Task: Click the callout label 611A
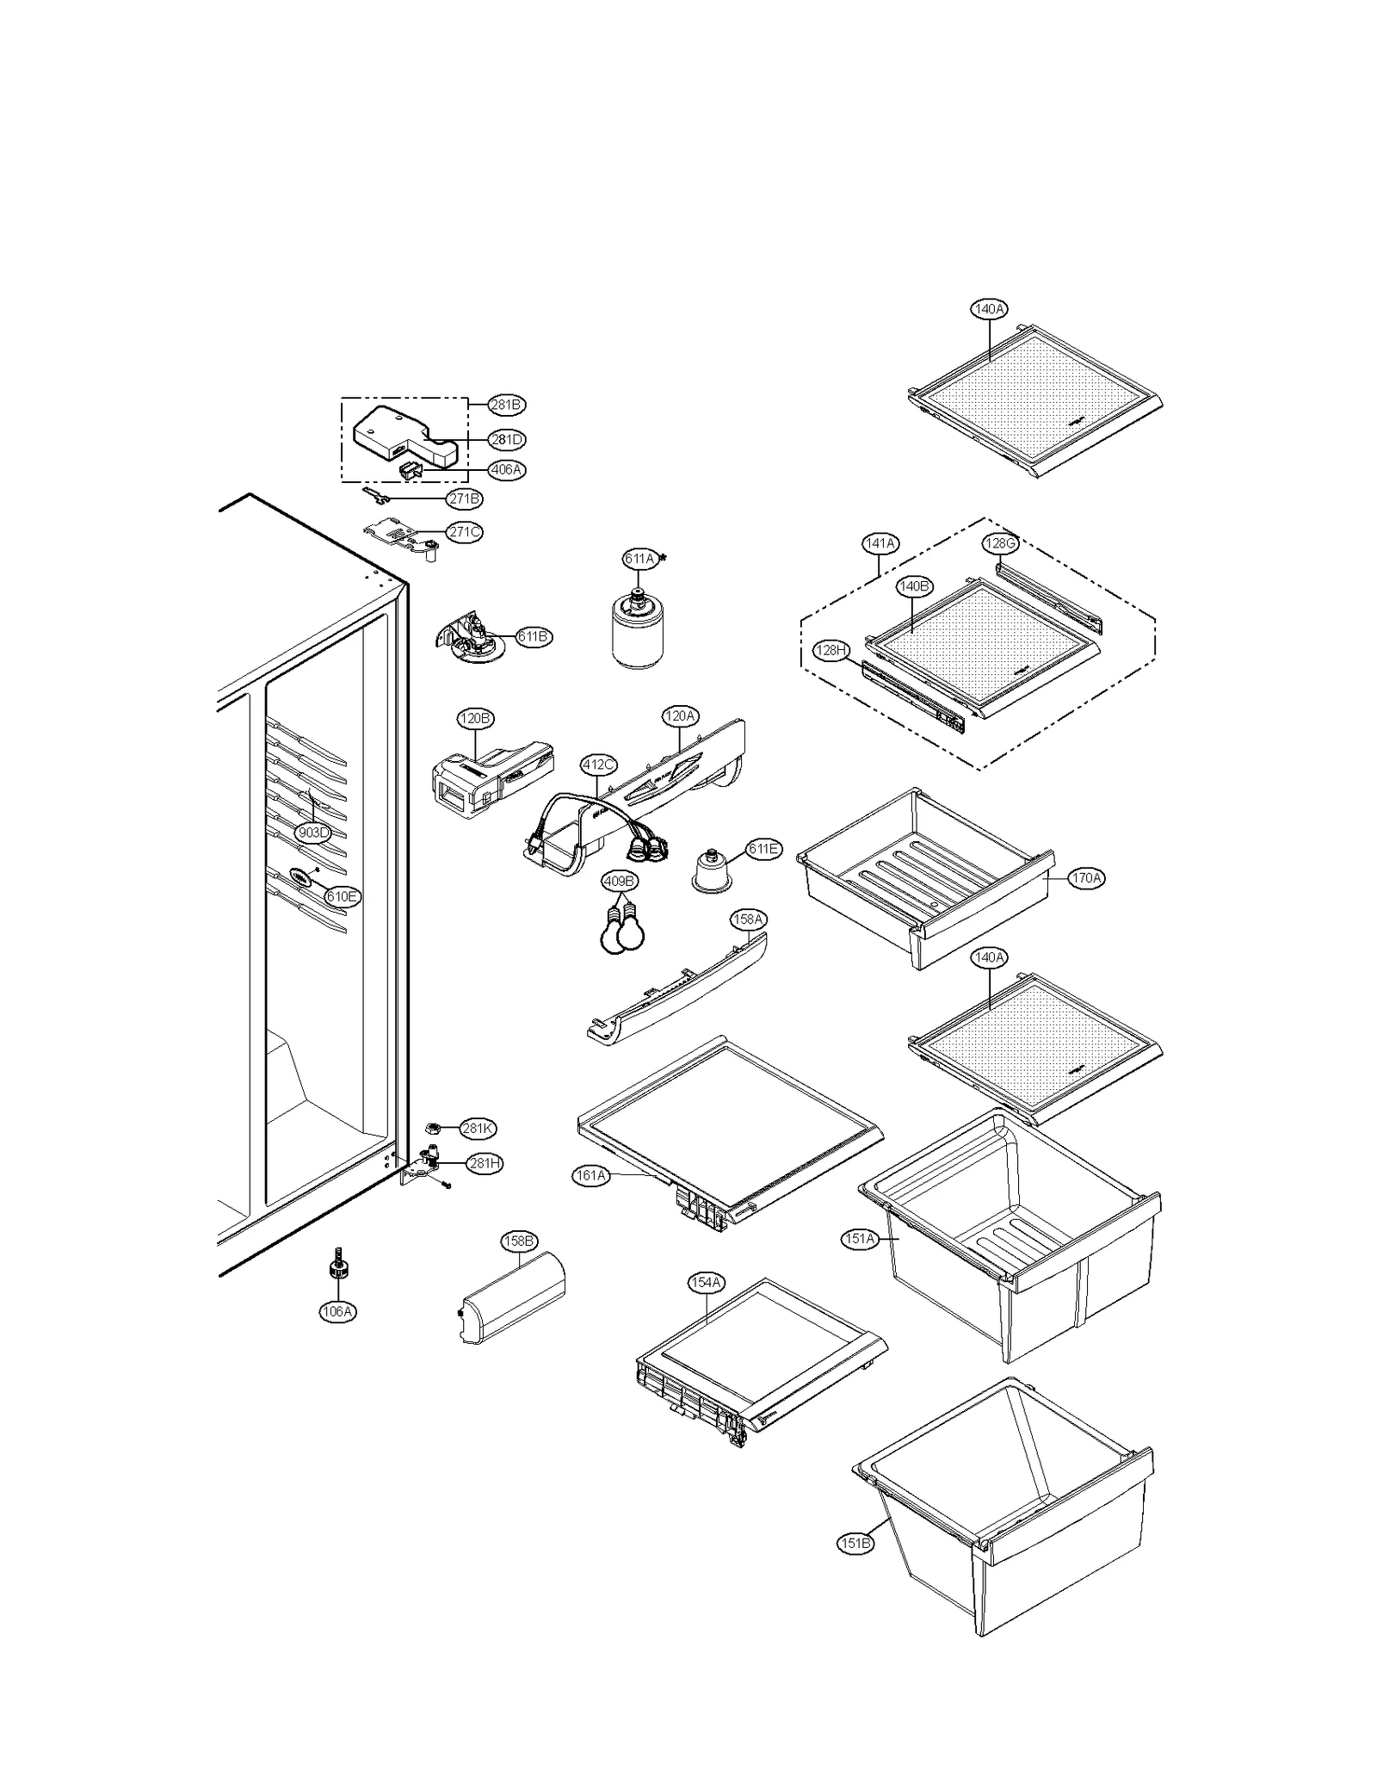(639, 559)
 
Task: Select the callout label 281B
(506, 405)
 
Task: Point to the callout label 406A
(506, 470)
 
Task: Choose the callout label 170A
(1086, 878)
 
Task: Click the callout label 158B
(519, 1241)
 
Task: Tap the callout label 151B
(855, 1544)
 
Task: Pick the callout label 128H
(831, 650)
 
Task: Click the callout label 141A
(880, 543)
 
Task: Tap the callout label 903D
(312, 833)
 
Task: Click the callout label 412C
(598, 765)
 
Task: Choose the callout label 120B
(475, 718)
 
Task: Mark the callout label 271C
(465, 532)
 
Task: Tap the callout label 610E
(342, 896)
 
